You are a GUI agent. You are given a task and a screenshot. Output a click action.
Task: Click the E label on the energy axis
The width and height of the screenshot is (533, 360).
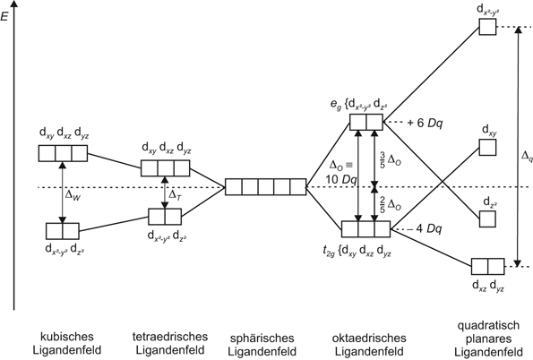click(x=6, y=15)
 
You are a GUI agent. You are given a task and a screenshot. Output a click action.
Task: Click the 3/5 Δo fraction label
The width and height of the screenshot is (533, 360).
click(x=390, y=159)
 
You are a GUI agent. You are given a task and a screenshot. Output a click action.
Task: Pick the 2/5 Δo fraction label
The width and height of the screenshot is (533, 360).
click(x=391, y=204)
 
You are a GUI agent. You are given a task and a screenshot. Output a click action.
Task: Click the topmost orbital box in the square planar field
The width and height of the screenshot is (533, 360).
click(x=487, y=27)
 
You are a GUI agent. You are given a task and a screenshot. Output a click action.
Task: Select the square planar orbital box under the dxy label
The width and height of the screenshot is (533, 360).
click(x=487, y=148)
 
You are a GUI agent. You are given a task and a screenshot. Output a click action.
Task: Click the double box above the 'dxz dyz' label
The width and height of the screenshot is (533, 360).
click(x=487, y=265)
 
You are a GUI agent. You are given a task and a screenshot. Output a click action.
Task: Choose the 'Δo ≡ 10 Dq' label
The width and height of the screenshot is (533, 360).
click(x=341, y=172)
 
